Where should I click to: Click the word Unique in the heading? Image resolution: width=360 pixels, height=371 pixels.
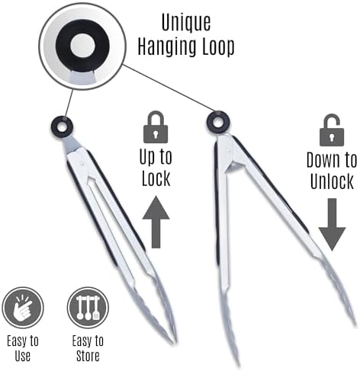coord(186,24)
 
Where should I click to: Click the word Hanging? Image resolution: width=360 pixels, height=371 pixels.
coord(165,47)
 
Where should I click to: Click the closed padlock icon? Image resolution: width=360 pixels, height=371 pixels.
coord(156,127)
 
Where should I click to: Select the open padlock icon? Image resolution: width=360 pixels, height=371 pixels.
coord(332,130)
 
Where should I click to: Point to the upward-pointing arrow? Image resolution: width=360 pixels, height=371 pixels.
coord(156,222)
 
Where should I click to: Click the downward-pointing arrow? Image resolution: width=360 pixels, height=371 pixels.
coord(332,225)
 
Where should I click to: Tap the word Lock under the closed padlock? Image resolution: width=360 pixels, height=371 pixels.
coord(156,178)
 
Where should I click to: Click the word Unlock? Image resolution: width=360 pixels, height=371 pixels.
coord(332,181)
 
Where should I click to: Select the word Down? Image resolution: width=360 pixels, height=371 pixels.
coord(323,160)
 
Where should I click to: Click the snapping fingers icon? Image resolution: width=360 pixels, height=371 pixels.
coord(23,308)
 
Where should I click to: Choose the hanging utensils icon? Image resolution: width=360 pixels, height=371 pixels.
coord(88,308)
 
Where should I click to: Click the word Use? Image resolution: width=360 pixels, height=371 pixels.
coord(23,356)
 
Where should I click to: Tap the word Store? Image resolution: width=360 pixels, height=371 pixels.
coord(88,356)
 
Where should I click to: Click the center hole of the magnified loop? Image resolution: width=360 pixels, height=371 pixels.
coord(82,46)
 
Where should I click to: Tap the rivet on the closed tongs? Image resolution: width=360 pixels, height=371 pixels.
coord(82,164)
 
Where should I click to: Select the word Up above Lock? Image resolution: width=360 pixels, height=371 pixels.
coord(146,157)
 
